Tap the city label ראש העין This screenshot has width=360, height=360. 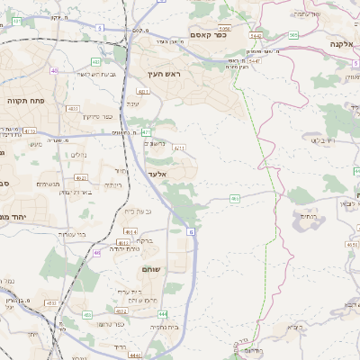(166, 74)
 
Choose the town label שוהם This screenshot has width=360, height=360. (150, 268)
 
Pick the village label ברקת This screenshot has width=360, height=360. (145, 241)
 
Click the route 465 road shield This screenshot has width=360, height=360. (234, 198)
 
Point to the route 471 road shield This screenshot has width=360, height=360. (145, 132)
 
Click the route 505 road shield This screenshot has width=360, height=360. (293, 34)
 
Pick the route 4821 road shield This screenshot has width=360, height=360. (143, 91)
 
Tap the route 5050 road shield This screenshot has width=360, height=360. (224, 29)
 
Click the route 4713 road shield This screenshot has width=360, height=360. (30, 130)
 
